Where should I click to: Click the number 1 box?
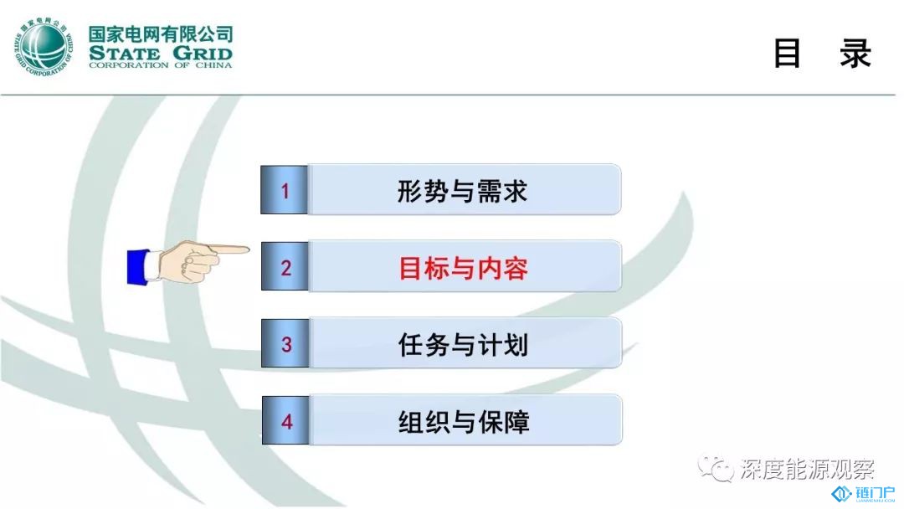tap(285, 190)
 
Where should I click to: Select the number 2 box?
tap(285, 266)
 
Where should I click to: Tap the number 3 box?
tap(285, 343)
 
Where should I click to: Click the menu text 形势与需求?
tap(462, 192)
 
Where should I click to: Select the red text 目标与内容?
tap(463, 268)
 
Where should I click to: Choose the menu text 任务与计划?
tap(463, 345)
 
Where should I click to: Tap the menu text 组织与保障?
tap(464, 421)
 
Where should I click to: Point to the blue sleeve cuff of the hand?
tap(138, 266)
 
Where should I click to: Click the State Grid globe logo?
tap(44, 47)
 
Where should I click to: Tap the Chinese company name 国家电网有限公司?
tap(161, 34)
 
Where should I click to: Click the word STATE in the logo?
tap(125, 54)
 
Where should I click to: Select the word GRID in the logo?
tap(203, 54)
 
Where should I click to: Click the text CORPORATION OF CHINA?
tap(161, 65)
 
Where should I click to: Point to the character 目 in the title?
tap(787, 54)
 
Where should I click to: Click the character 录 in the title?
tap(855, 54)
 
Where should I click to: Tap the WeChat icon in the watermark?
tap(716, 467)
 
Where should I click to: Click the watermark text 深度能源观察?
tap(807, 469)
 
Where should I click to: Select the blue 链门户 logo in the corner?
tap(863, 494)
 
